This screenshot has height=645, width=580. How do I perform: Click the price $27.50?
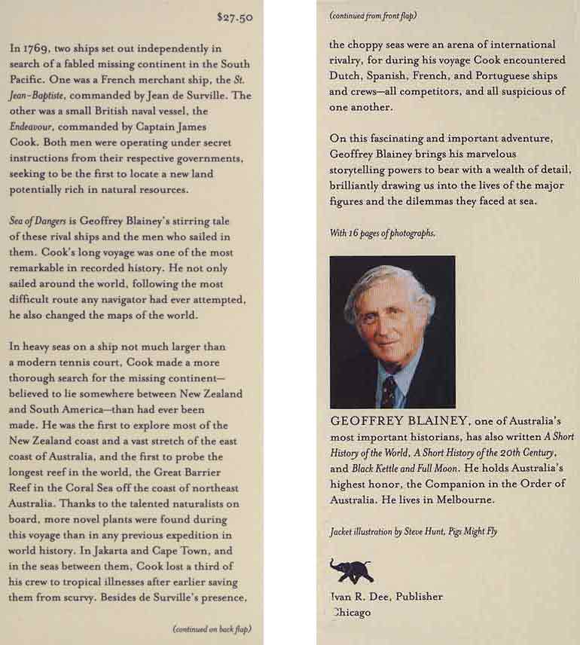click(x=234, y=17)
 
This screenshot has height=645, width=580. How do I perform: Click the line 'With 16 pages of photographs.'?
click(x=383, y=233)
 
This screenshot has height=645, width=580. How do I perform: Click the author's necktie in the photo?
click(x=389, y=391)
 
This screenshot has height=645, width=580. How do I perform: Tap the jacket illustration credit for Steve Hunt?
click(x=414, y=531)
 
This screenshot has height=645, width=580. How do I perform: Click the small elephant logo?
click(x=351, y=570)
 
